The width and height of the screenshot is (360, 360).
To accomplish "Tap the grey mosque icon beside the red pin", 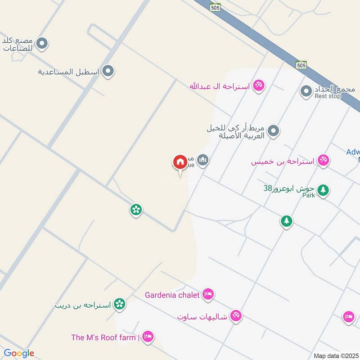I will click(x=203, y=160).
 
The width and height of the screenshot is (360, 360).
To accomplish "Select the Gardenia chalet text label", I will click(x=172, y=295).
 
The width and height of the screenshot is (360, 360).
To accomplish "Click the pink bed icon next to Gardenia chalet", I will click(x=208, y=295).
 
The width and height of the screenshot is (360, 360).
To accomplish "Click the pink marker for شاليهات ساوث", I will click(x=235, y=316).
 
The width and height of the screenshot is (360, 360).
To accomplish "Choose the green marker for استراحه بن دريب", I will click(x=119, y=304).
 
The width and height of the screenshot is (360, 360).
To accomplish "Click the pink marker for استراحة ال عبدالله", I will click(x=258, y=85).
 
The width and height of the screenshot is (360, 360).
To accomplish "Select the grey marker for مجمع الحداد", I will click(x=306, y=92).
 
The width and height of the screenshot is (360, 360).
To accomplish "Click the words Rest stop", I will click(x=328, y=96).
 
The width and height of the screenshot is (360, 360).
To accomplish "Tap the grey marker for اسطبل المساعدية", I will click(x=108, y=71).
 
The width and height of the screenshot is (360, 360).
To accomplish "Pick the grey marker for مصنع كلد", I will click(x=42, y=43).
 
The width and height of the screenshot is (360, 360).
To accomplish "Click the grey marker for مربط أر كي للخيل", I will click(x=273, y=131).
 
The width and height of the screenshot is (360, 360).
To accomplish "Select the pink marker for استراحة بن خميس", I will click(x=323, y=160).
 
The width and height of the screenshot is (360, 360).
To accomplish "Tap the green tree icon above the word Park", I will click(x=322, y=189).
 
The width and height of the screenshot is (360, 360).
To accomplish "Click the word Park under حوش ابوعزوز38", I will click(x=308, y=196).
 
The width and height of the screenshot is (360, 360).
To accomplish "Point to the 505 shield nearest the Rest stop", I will click(x=301, y=65).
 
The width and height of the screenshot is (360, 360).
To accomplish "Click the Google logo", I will click(x=19, y=353).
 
